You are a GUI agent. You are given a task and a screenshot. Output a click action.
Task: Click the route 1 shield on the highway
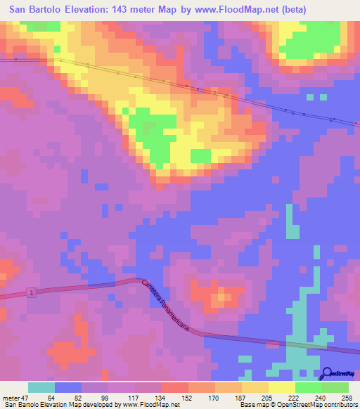tap(31, 292)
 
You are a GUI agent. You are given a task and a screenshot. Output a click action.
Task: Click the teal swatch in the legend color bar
tap(41, 387)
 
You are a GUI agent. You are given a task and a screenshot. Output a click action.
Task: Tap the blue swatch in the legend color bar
tap(68, 387)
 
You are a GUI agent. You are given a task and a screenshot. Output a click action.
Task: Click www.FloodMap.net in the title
tap(233, 11)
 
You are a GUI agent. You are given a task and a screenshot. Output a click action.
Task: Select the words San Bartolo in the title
tap(34, 11)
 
